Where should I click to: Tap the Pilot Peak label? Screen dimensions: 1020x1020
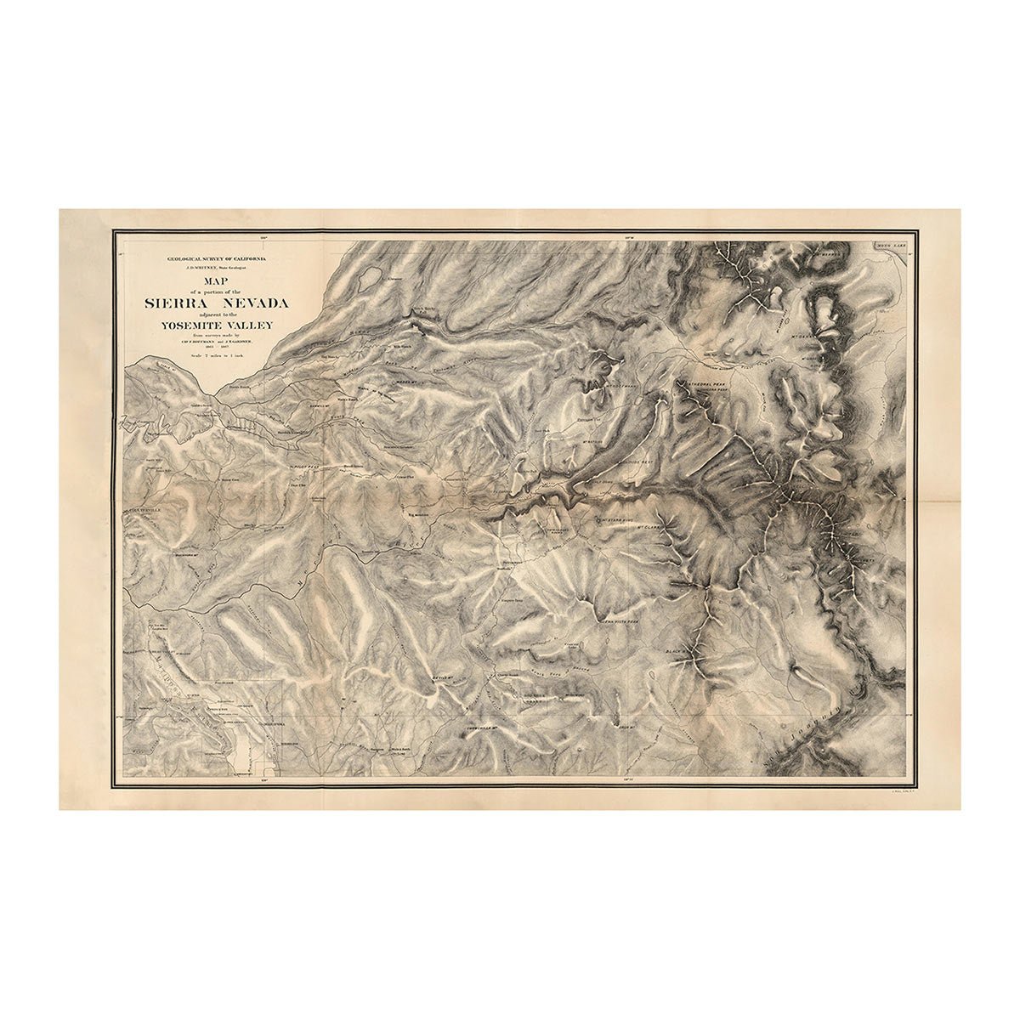[x=303, y=467]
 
